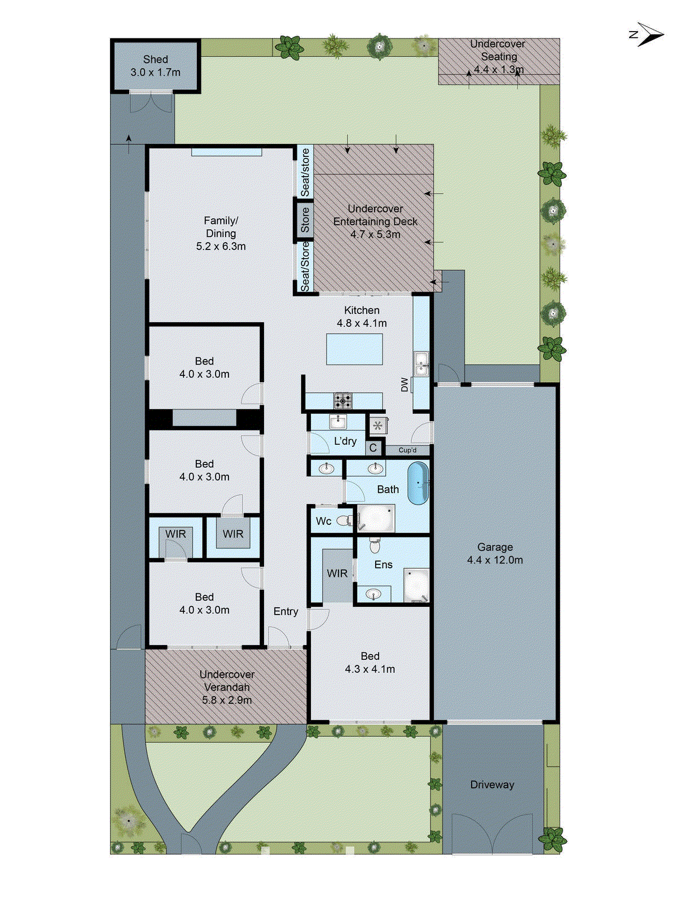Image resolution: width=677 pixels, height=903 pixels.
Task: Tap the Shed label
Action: (155, 59)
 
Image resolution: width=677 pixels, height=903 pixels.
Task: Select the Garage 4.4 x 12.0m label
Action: (495, 554)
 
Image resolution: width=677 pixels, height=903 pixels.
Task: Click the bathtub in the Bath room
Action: (417, 484)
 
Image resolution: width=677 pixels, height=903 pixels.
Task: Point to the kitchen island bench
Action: (354, 349)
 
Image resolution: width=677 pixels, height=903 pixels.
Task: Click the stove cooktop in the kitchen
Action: (342, 401)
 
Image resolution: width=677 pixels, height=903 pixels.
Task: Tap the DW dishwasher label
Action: (405, 385)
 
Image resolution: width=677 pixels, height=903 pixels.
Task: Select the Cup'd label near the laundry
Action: (407, 450)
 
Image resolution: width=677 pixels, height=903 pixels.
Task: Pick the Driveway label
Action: (492, 784)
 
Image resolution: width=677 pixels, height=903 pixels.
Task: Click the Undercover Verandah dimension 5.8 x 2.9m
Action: (227, 700)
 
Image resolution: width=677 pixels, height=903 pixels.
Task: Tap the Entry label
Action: (285, 611)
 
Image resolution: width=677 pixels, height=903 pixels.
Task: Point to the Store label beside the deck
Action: (305, 220)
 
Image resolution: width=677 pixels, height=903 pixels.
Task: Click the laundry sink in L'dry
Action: (338, 421)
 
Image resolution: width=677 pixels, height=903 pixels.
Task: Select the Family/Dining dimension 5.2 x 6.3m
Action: (221, 246)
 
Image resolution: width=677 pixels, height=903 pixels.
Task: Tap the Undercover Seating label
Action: (498, 50)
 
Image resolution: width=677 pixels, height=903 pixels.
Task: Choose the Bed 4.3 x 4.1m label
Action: (370, 663)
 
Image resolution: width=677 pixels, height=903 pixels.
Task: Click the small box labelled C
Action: (373, 448)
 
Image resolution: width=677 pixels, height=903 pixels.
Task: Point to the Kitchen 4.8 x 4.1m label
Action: (362, 317)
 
